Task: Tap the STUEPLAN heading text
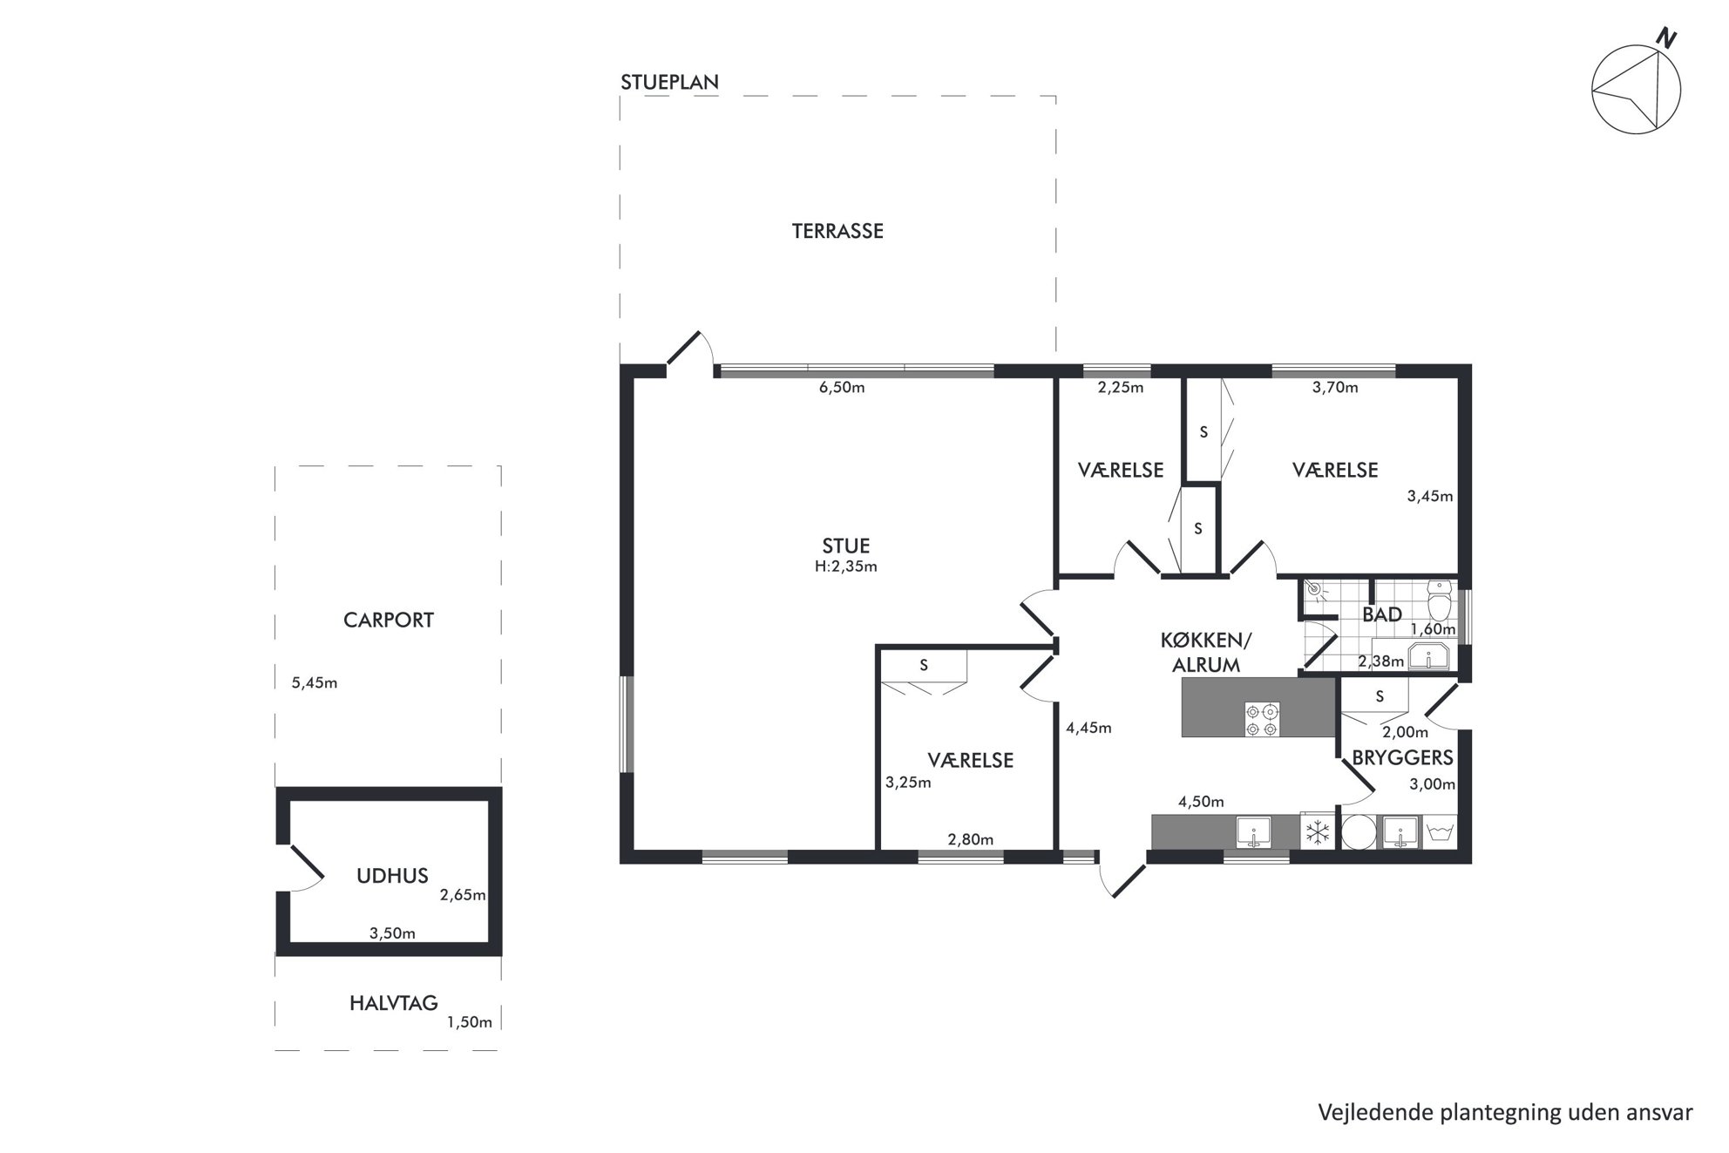pos(669,82)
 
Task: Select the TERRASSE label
pos(837,231)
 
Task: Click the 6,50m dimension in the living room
pos(842,388)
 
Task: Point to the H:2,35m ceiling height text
pos(845,566)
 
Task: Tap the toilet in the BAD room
pos(1440,600)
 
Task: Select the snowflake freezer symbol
pos(1317,832)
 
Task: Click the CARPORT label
pos(389,621)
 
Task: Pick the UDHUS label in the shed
pos(392,876)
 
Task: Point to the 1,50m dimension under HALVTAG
pos(470,1022)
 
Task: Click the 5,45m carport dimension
pos(315,683)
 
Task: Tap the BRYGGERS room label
pos(1402,758)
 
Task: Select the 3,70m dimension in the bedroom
pos(1335,388)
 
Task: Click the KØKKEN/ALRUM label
pos(1206,653)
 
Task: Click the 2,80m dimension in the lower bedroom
pos(971,840)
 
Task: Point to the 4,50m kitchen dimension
pos(1201,802)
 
